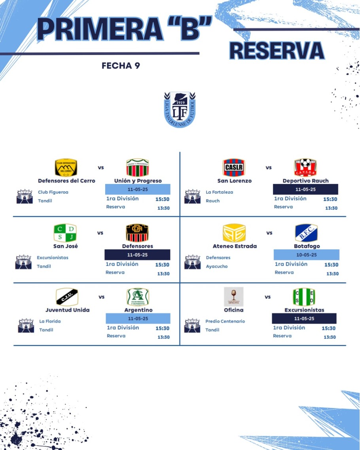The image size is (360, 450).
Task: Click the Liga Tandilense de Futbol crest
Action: pyautogui.click(x=180, y=109)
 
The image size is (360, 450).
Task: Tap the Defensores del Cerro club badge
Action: pyautogui.click(x=66, y=167)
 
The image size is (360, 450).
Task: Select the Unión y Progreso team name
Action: pyautogui.click(x=138, y=181)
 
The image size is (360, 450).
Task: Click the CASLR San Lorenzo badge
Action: pyautogui.click(x=234, y=167)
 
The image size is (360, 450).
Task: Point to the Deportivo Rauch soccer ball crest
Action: pyautogui.click(x=305, y=167)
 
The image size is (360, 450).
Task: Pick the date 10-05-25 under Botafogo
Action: pyautogui.click(x=306, y=255)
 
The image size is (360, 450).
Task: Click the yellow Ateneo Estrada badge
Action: pyautogui.click(x=234, y=233)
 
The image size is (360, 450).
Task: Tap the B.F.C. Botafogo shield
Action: pyautogui.click(x=306, y=233)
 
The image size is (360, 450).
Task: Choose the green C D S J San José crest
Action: pyautogui.click(x=65, y=233)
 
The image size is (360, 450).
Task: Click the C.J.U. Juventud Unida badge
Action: pyautogui.click(x=67, y=297)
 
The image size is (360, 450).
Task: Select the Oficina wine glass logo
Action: pyautogui.click(x=233, y=297)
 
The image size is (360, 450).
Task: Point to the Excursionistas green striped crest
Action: pyautogui.click(x=304, y=297)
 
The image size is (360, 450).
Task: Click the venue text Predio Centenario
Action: pyautogui.click(x=225, y=321)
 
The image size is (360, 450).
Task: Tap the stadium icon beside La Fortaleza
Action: pyautogui.click(x=193, y=196)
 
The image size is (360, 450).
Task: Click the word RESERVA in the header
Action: pyautogui.click(x=277, y=51)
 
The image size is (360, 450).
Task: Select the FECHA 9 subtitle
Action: pyautogui.click(x=121, y=66)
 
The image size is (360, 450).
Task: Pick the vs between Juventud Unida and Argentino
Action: pyautogui.click(x=102, y=297)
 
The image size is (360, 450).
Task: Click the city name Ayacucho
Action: pyautogui.click(x=217, y=266)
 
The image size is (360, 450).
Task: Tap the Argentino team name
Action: pyautogui.click(x=138, y=310)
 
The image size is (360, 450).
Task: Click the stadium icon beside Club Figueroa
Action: pyautogui.click(x=25, y=196)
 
